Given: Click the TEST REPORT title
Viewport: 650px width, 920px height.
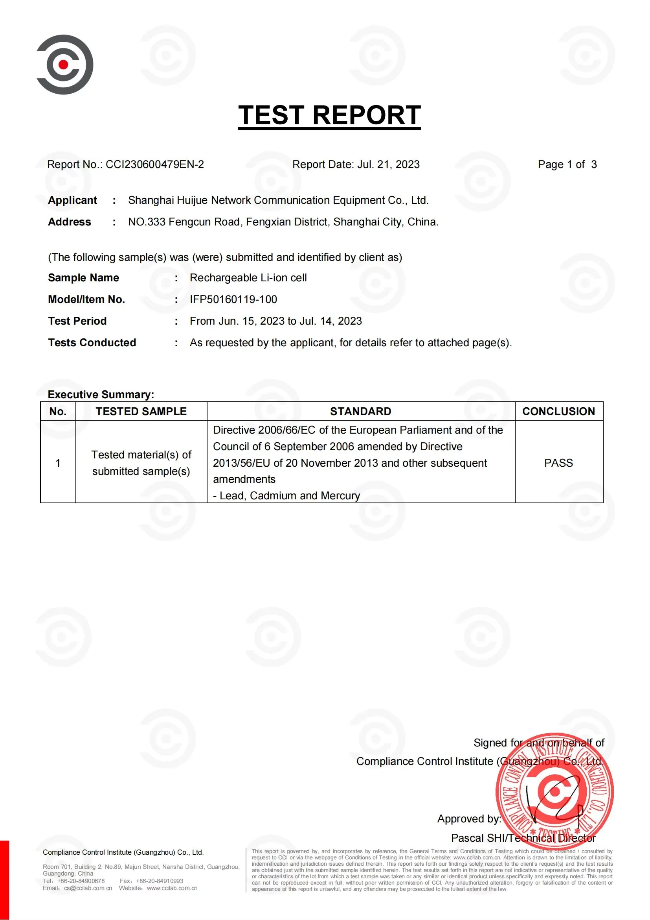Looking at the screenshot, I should pyautogui.click(x=329, y=115).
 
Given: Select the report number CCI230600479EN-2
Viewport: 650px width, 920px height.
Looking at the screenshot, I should pyautogui.click(x=154, y=164).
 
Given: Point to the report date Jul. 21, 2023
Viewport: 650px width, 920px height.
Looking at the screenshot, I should pyautogui.click(x=388, y=164).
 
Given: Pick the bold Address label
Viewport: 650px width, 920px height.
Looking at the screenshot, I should pyautogui.click(x=70, y=222).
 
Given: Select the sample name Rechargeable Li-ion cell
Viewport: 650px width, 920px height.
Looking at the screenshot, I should pyautogui.click(x=248, y=278).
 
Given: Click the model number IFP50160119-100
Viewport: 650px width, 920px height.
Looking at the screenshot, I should pyautogui.click(x=233, y=299).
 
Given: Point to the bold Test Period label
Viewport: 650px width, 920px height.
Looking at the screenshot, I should pyautogui.click(x=77, y=321).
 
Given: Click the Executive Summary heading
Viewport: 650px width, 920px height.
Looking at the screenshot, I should pyautogui.click(x=101, y=394).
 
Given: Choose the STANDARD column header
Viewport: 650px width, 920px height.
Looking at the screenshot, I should pyautogui.click(x=361, y=411).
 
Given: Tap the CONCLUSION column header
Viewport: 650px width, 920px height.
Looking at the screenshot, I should pyautogui.click(x=558, y=411).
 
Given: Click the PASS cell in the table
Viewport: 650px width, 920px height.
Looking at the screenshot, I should pyautogui.click(x=558, y=463).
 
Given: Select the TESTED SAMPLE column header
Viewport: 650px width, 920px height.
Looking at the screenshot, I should pyautogui.click(x=141, y=411).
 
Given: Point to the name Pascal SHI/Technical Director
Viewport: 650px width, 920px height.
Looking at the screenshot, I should pyautogui.click(x=523, y=838).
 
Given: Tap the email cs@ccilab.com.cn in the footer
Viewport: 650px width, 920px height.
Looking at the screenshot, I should pyautogui.click(x=88, y=888).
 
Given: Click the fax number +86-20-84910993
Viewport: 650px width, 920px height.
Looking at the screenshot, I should pyautogui.click(x=159, y=881).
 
